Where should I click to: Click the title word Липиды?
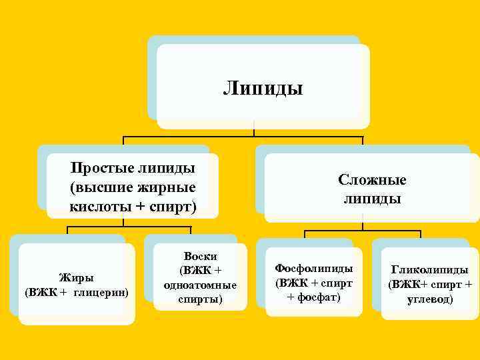click(263, 88)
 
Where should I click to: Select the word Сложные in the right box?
click(372, 180)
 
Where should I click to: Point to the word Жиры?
click(77, 277)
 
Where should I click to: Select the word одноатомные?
click(199, 285)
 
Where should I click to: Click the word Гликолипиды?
click(429, 270)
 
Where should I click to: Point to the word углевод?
click(429, 299)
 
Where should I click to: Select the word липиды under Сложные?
click(372, 199)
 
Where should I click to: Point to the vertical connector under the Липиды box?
click(254, 130)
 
